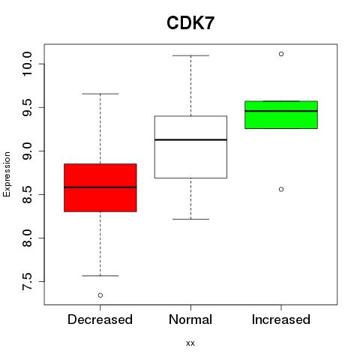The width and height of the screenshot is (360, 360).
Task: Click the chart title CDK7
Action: click(x=190, y=23)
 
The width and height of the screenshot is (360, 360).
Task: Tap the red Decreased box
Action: click(x=100, y=187)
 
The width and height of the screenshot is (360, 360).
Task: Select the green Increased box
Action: click(x=281, y=115)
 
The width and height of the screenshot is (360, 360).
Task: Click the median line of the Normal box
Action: click(x=190, y=139)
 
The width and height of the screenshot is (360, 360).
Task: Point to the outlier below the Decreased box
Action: click(x=100, y=295)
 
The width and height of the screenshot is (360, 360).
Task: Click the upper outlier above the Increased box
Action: click(x=281, y=54)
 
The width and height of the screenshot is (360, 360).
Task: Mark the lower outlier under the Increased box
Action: click(x=281, y=189)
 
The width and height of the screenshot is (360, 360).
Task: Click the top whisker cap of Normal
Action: click(x=190, y=55)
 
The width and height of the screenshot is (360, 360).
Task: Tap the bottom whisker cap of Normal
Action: click(x=190, y=219)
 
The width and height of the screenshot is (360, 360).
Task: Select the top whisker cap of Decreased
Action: click(x=100, y=94)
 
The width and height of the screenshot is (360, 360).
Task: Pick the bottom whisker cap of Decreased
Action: click(x=100, y=276)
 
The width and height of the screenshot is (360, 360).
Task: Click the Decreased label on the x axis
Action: click(x=100, y=319)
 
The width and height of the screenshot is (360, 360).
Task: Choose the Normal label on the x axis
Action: click(x=190, y=319)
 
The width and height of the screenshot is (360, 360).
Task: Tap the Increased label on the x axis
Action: click(x=281, y=319)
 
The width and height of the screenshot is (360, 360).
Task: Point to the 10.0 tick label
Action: click(x=27, y=64)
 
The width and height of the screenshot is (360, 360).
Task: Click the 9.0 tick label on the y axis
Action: click(x=27, y=151)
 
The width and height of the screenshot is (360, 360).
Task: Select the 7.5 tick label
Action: click(x=27, y=282)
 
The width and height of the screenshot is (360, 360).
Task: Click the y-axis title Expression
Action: click(x=7, y=174)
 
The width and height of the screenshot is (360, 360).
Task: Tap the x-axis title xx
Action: click(x=190, y=343)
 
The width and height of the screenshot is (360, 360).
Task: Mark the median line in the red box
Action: click(x=100, y=187)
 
